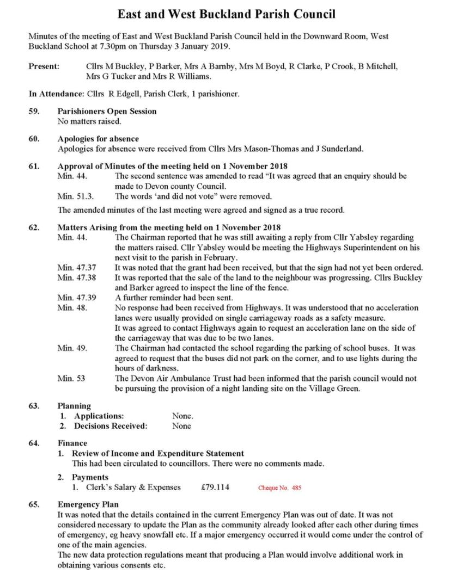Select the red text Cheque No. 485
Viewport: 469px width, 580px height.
click(x=279, y=488)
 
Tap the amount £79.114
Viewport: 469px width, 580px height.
click(x=215, y=488)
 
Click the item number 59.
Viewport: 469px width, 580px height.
click(x=34, y=111)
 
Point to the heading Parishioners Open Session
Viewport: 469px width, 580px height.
click(x=107, y=111)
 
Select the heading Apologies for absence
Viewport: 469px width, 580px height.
click(x=98, y=139)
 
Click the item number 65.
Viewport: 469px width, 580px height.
click(x=34, y=504)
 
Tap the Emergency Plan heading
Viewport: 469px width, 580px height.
click(x=88, y=504)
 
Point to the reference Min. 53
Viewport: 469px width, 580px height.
click(x=71, y=378)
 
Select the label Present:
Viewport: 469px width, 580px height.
click(x=44, y=66)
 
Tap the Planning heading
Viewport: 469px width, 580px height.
click(x=74, y=406)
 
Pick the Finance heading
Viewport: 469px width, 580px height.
click(x=72, y=443)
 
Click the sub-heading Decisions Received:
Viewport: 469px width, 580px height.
click(x=111, y=426)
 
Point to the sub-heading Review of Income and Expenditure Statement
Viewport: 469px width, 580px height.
click(x=158, y=453)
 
